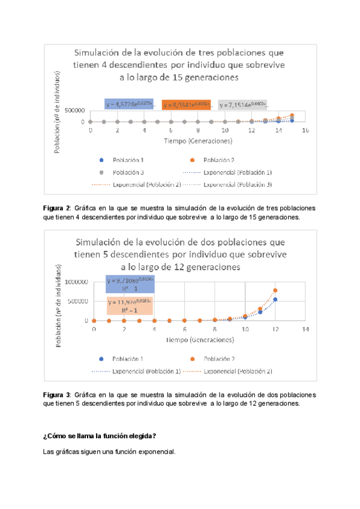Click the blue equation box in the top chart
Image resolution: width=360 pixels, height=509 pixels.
click(128, 105)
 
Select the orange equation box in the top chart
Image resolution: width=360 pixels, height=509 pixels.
click(185, 105)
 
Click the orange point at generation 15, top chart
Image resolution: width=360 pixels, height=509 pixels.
click(292, 115)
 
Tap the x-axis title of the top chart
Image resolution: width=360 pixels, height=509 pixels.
click(197, 141)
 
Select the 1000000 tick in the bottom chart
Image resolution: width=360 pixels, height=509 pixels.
click(73, 282)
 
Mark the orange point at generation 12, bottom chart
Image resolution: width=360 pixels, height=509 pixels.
click(275, 291)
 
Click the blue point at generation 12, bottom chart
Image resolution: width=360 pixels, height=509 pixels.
click(275, 300)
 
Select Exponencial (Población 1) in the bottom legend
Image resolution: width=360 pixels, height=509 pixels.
click(145, 371)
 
